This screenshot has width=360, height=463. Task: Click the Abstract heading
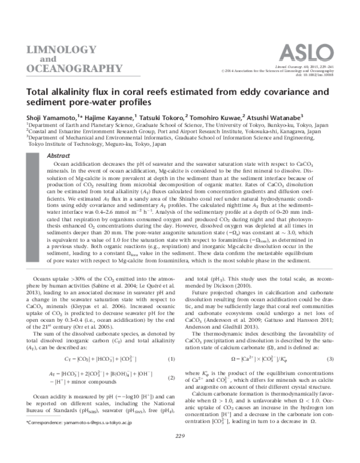tap(50, 155)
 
